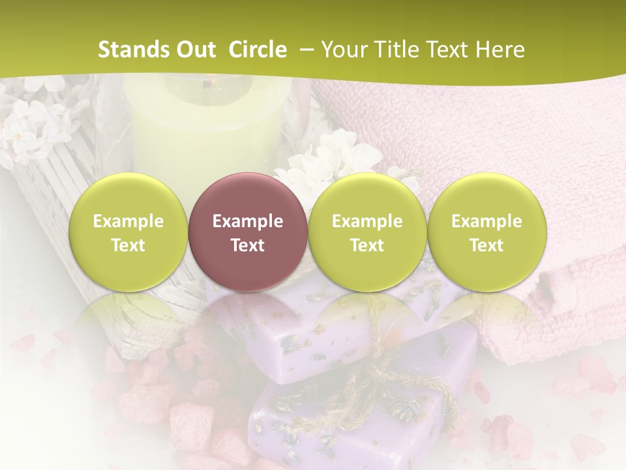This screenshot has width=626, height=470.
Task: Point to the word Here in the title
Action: [x=501, y=50]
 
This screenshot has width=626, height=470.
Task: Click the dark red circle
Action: [x=248, y=232]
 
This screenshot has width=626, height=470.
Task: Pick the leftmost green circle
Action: [x=128, y=232]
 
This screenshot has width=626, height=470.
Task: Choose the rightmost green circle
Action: [x=486, y=232]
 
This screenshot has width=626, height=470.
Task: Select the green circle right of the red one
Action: [x=367, y=232]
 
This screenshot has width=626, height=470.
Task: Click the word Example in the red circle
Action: [x=248, y=221]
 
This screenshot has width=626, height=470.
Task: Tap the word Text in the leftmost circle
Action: [x=128, y=245]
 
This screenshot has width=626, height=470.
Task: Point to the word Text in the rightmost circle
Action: [x=486, y=245]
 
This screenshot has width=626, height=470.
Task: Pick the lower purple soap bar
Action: [x=339, y=418]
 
